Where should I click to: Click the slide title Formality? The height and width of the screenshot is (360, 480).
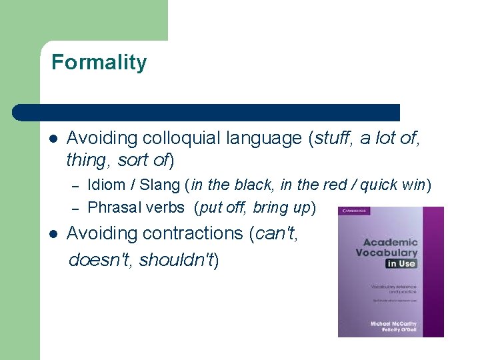[x=99, y=63]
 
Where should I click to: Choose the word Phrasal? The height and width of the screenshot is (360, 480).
[x=114, y=207]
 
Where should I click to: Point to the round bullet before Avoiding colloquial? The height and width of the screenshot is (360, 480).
[x=54, y=139]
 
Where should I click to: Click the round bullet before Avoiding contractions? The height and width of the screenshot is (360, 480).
[x=54, y=234]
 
